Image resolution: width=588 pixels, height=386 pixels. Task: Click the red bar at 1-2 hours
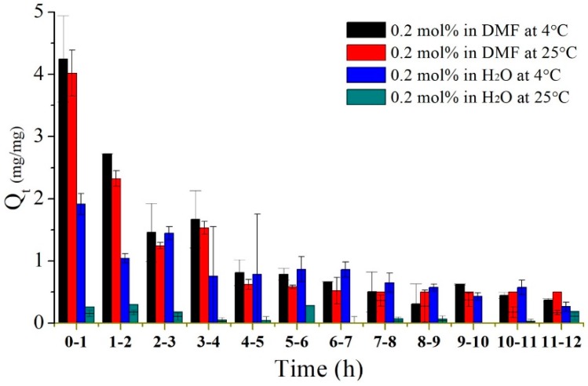click(x=116, y=250)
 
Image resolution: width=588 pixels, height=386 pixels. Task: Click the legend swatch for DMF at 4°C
click(x=366, y=31)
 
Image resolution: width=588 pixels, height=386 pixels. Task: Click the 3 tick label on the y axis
click(x=39, y=137)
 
